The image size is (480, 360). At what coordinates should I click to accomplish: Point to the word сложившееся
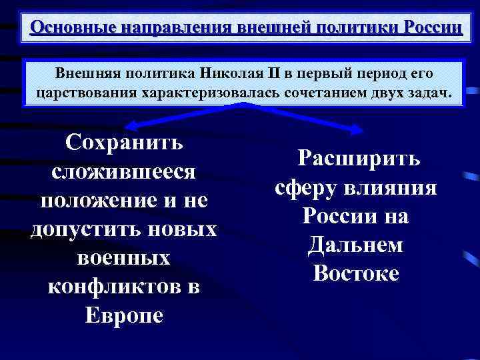coord(124,171)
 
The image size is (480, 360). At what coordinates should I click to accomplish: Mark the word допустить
coord(80,229)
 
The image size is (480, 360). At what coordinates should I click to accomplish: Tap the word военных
coord(124,257)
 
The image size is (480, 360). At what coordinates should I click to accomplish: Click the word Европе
coord(124,315)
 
